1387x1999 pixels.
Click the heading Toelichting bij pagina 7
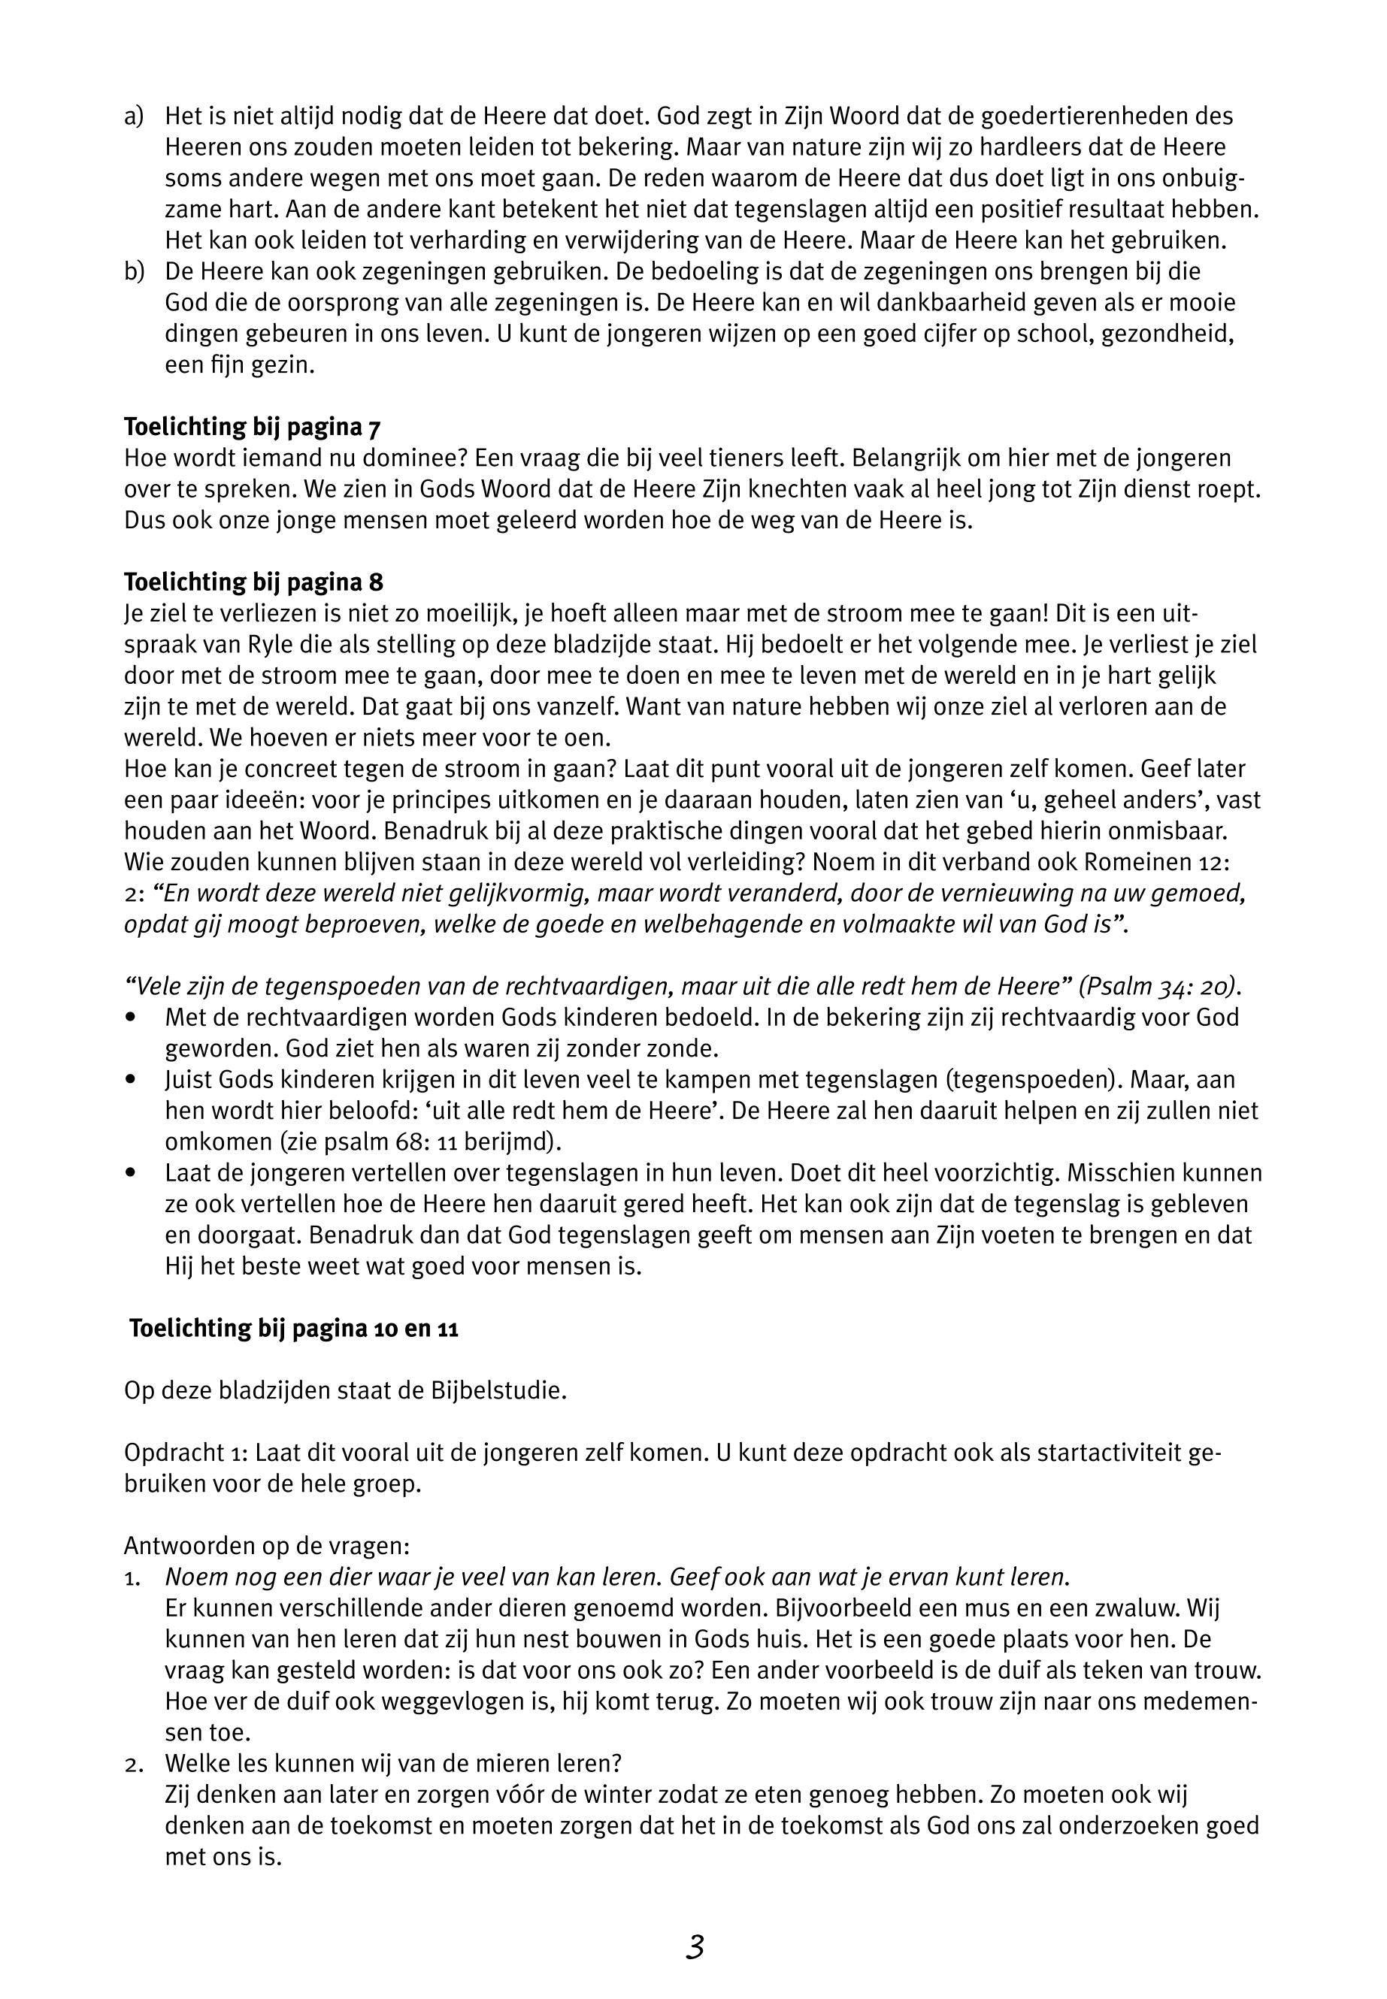(x=252, y=427)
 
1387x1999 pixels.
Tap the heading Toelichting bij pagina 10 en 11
(x=294, y=1329)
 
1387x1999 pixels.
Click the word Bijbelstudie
(x=498, y=1391)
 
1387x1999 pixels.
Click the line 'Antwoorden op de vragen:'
(x=266, y=1547)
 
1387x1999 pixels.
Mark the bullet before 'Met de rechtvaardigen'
(x=132, y=1018)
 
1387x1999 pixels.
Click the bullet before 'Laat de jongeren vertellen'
(x=132, y=1174)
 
